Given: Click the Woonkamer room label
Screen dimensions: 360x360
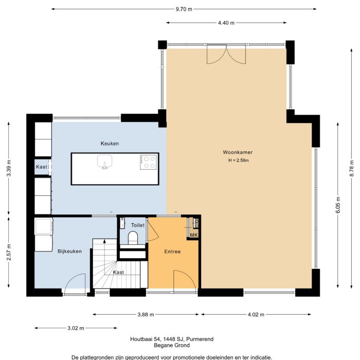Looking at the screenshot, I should (x=238, y=152).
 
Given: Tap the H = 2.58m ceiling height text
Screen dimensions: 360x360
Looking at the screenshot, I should (x=239, y=160).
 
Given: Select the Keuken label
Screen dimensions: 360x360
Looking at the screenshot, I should (x=110, y=143).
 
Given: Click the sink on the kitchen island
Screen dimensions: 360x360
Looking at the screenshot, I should (x=105, y=163).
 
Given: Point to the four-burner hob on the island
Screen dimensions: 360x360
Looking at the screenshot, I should (x=148, y=163).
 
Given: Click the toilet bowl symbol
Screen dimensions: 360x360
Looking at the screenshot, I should (x=133, y=238).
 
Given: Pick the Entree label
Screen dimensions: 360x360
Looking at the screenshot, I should (x=172, y=251).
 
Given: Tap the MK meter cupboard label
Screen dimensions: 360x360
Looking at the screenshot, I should (x=194, y=235).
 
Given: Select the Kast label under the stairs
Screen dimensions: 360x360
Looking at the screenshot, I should (x=118, y=272).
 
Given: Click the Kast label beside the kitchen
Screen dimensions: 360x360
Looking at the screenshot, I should (x=42, y=167).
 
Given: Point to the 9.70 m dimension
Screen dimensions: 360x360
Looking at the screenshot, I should (x=184, y=9).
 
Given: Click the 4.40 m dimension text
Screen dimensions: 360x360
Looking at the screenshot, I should (x=226, y=23).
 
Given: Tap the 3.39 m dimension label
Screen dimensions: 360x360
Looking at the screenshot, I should (x=9, y=168).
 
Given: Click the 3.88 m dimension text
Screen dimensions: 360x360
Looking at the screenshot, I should (x=147, y=315).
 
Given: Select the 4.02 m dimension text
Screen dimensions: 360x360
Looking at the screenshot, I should (x=256, y=315).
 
